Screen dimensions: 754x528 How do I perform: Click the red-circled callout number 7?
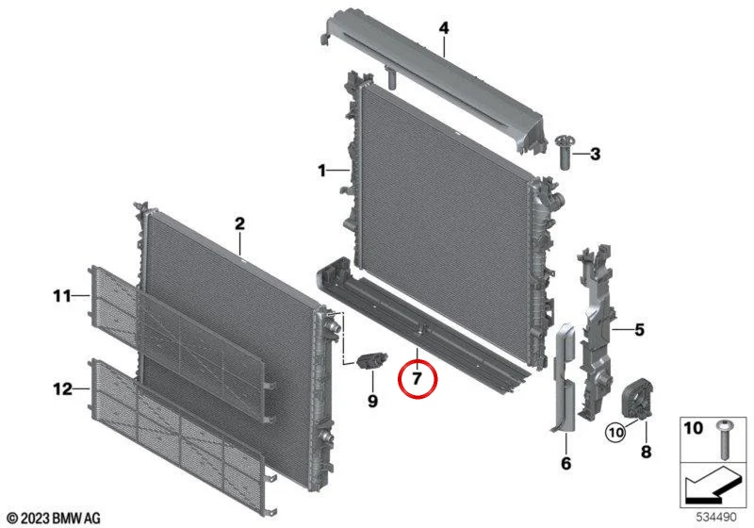click(417, 378)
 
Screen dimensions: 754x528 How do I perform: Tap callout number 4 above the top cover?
click(444, 28)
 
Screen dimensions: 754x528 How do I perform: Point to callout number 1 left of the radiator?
click(321, 171)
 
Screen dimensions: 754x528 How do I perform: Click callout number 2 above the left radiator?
click(239, 223)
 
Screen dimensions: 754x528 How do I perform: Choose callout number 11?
click(62, 296)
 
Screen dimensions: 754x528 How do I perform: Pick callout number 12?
click(62, 388)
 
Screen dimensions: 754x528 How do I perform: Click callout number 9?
click(372, 401)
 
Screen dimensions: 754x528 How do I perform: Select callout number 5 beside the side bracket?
click(639, 330)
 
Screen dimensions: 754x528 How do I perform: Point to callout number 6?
click(566, 463)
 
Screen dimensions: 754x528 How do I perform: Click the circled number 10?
click(616, 432)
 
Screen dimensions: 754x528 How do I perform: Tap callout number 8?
click(646, 452)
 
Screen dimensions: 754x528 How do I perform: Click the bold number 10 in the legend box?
click(693, 427)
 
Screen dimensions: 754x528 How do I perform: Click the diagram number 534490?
click(716, 517)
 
